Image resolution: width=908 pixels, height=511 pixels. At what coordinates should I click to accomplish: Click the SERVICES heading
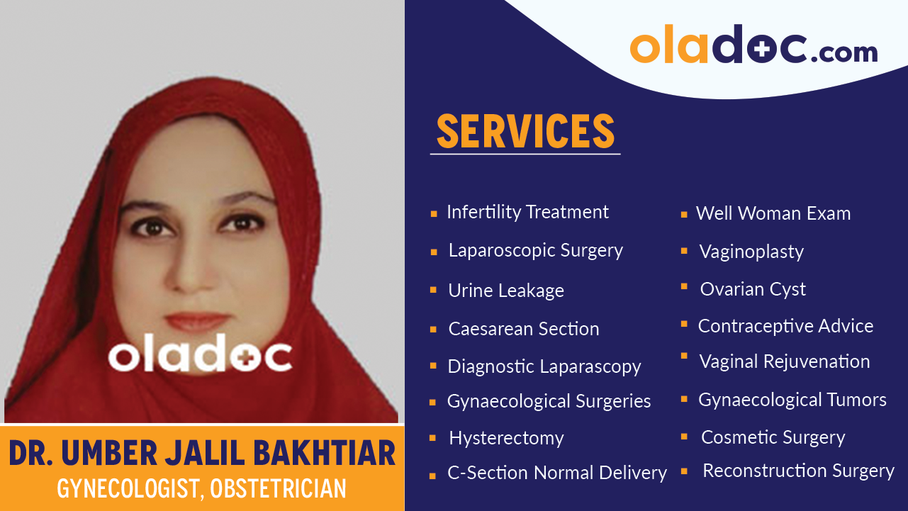coord(525,131)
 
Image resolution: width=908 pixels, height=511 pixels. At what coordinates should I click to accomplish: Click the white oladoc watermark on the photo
coord(200,355)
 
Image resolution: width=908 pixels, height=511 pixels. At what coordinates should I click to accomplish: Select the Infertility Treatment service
coord(527,212)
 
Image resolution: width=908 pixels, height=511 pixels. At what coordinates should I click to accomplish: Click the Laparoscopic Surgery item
coord(535,250)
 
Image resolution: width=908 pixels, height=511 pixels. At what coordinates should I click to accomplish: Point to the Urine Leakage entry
coord(505,291)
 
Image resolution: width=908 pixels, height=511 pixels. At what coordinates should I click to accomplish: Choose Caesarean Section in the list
coord(523,329)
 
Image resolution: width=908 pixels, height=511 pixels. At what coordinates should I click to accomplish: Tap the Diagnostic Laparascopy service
coord(544,366)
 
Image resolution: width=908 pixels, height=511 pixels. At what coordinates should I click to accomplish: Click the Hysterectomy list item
coord(506,438)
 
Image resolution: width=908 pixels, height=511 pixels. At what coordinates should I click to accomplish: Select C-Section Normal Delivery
coord(556,473)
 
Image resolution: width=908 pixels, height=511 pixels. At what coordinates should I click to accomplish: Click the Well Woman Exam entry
coord(773,213)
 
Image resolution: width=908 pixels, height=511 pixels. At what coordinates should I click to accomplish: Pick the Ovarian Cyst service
coord(753,289)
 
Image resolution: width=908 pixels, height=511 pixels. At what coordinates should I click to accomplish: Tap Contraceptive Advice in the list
coord(785,326)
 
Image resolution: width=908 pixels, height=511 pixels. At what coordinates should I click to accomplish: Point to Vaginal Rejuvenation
coord(784,361)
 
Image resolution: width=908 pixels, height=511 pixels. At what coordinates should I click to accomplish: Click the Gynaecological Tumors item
coord(792,400)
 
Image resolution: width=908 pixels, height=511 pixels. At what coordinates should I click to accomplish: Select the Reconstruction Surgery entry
coord(798,471)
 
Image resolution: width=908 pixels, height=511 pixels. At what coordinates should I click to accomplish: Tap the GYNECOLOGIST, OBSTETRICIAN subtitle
coord(202,489)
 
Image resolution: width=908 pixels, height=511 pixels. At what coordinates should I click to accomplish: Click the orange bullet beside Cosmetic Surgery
coord(684,437)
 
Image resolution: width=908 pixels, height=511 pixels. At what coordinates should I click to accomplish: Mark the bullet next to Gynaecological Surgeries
coord(432,403)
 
